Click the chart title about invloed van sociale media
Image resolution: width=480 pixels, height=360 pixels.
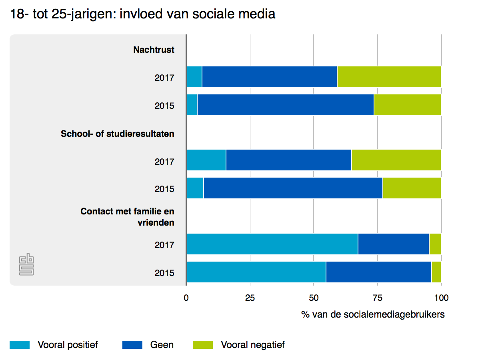click(143, 14)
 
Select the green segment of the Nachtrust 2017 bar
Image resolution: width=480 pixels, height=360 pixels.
click(389, 77)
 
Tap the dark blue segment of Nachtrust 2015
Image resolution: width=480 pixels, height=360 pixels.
click(285, 105)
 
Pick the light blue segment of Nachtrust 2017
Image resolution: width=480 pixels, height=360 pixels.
click(194, 77)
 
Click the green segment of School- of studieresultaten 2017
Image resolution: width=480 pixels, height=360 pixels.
click(396, 160)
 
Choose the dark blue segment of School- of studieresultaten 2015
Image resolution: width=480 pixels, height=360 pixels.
click(293, 188)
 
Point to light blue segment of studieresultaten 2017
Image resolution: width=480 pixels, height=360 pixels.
click(206, 160)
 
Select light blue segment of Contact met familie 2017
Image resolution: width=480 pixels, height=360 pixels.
click(272, 244)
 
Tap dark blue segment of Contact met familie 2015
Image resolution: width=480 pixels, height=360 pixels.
click(378, 272)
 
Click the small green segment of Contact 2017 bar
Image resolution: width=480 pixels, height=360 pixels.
click(435, 244)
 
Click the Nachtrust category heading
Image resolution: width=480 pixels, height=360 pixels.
click(154, 50)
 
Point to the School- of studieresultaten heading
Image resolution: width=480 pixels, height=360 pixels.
click(118, 134)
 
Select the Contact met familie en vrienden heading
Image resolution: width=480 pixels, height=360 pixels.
click(128, 217)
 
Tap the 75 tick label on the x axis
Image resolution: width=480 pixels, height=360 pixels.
click(377, 298)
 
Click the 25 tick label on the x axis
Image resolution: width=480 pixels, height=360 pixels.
click(250, 298)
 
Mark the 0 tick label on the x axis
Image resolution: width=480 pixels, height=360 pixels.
click(186, 298)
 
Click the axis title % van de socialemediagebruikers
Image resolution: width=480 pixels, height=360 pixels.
click(373, 315)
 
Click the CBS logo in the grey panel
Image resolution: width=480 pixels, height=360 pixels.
click(26, 264)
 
